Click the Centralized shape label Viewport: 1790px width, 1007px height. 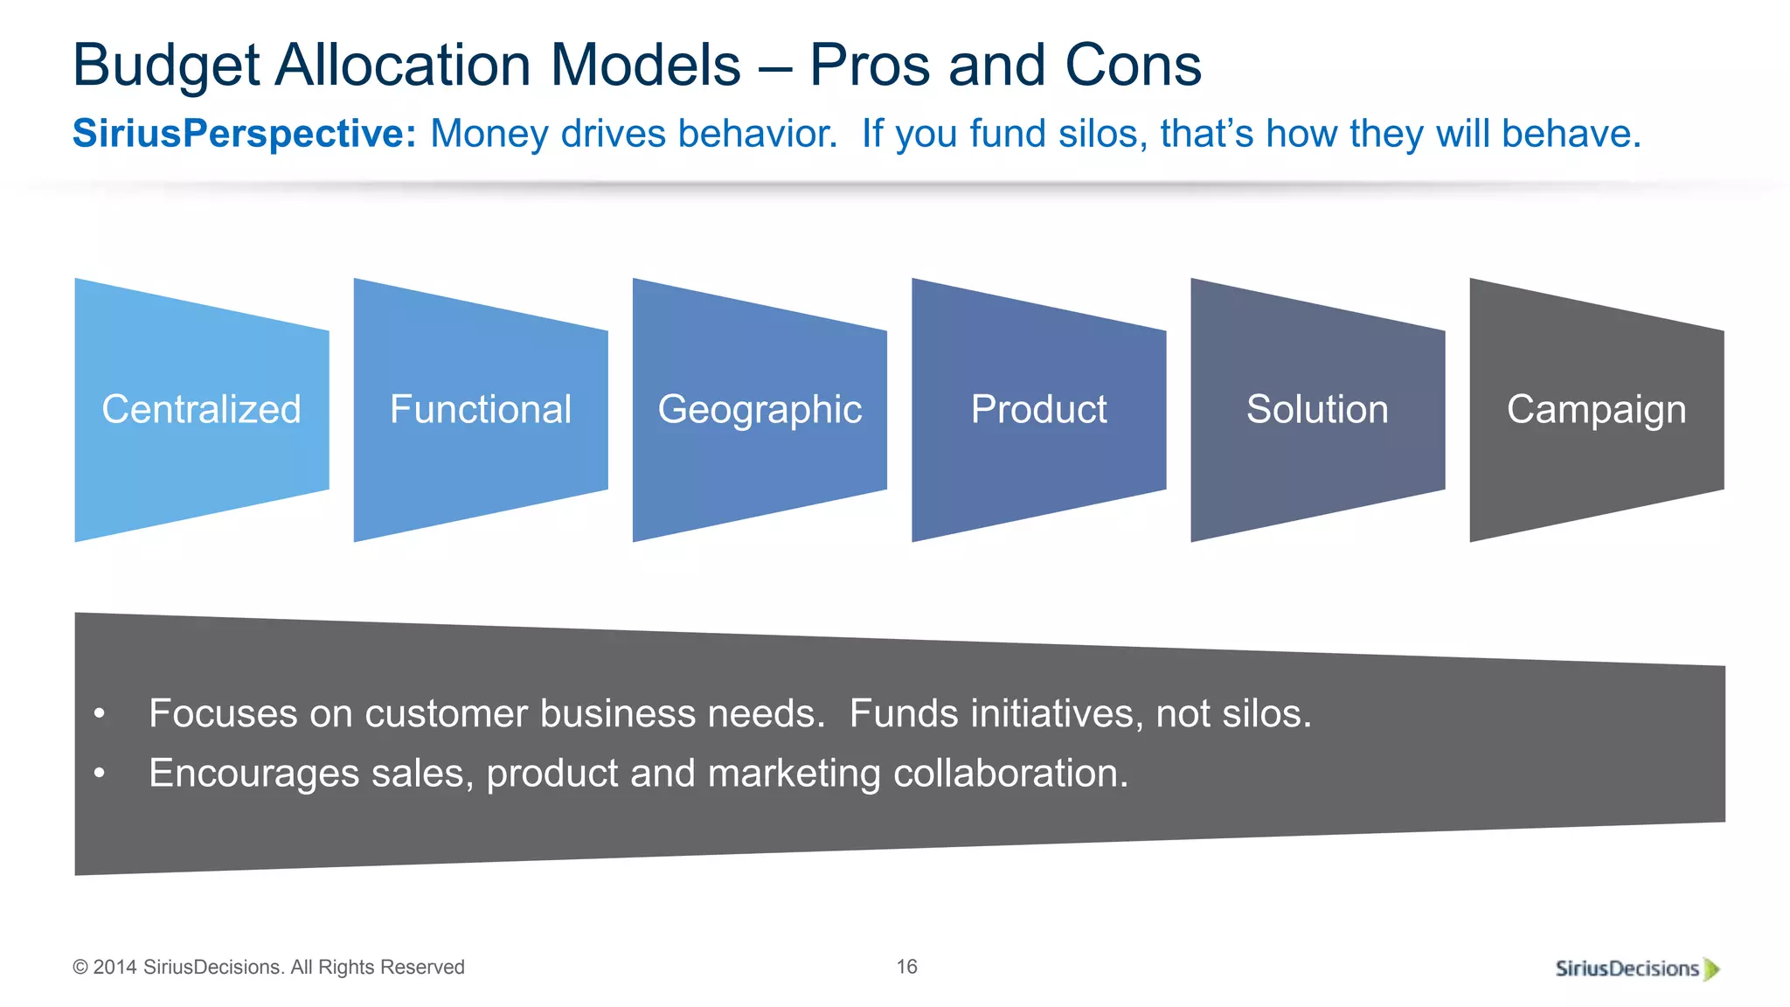201,409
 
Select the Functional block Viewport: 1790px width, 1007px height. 480,409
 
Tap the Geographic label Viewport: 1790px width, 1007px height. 760,409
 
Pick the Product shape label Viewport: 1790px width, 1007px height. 1038,409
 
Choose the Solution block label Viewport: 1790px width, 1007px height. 1317,409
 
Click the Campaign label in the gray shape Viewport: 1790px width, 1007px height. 1596,409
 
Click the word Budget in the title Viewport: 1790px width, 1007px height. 166,66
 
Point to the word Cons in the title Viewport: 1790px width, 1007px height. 1133,66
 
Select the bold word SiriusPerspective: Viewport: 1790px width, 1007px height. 244,134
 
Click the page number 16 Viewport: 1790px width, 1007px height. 906,966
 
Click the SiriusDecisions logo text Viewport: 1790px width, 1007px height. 1627,969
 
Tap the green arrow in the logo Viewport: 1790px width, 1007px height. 1712,969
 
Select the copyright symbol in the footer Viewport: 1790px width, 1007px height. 80,968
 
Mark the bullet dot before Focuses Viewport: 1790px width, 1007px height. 100,714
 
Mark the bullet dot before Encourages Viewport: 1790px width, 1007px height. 100,774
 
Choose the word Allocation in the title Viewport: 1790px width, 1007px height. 405,66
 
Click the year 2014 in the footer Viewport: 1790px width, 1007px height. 114,968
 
